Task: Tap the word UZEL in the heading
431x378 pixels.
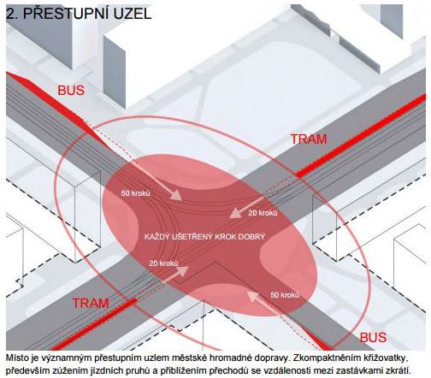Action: click(133, 13)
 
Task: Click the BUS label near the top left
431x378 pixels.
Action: click(71, 91)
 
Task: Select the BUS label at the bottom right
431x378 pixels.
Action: click(373, 338)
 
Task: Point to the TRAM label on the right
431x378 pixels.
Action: click(309, 139)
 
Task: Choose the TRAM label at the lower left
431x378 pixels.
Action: click(91, 303)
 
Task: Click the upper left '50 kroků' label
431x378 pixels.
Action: click(135, 193)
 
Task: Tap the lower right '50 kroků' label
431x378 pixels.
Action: click(285, 295)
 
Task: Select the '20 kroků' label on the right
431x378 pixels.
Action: click(263, 213)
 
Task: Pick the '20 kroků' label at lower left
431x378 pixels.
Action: click(163, 263)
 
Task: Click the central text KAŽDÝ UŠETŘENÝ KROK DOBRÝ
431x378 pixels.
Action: click(204, 237)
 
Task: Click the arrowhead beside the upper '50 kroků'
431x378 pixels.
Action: click(176, 196)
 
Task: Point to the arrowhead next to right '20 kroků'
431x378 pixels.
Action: click(235, 213)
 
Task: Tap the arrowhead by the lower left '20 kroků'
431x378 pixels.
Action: click(182, 271)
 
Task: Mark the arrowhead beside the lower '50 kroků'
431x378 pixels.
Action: click(252, 295)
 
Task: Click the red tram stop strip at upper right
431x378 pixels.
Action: click(361, 137)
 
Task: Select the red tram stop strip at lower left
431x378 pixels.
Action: click(94, 324)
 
